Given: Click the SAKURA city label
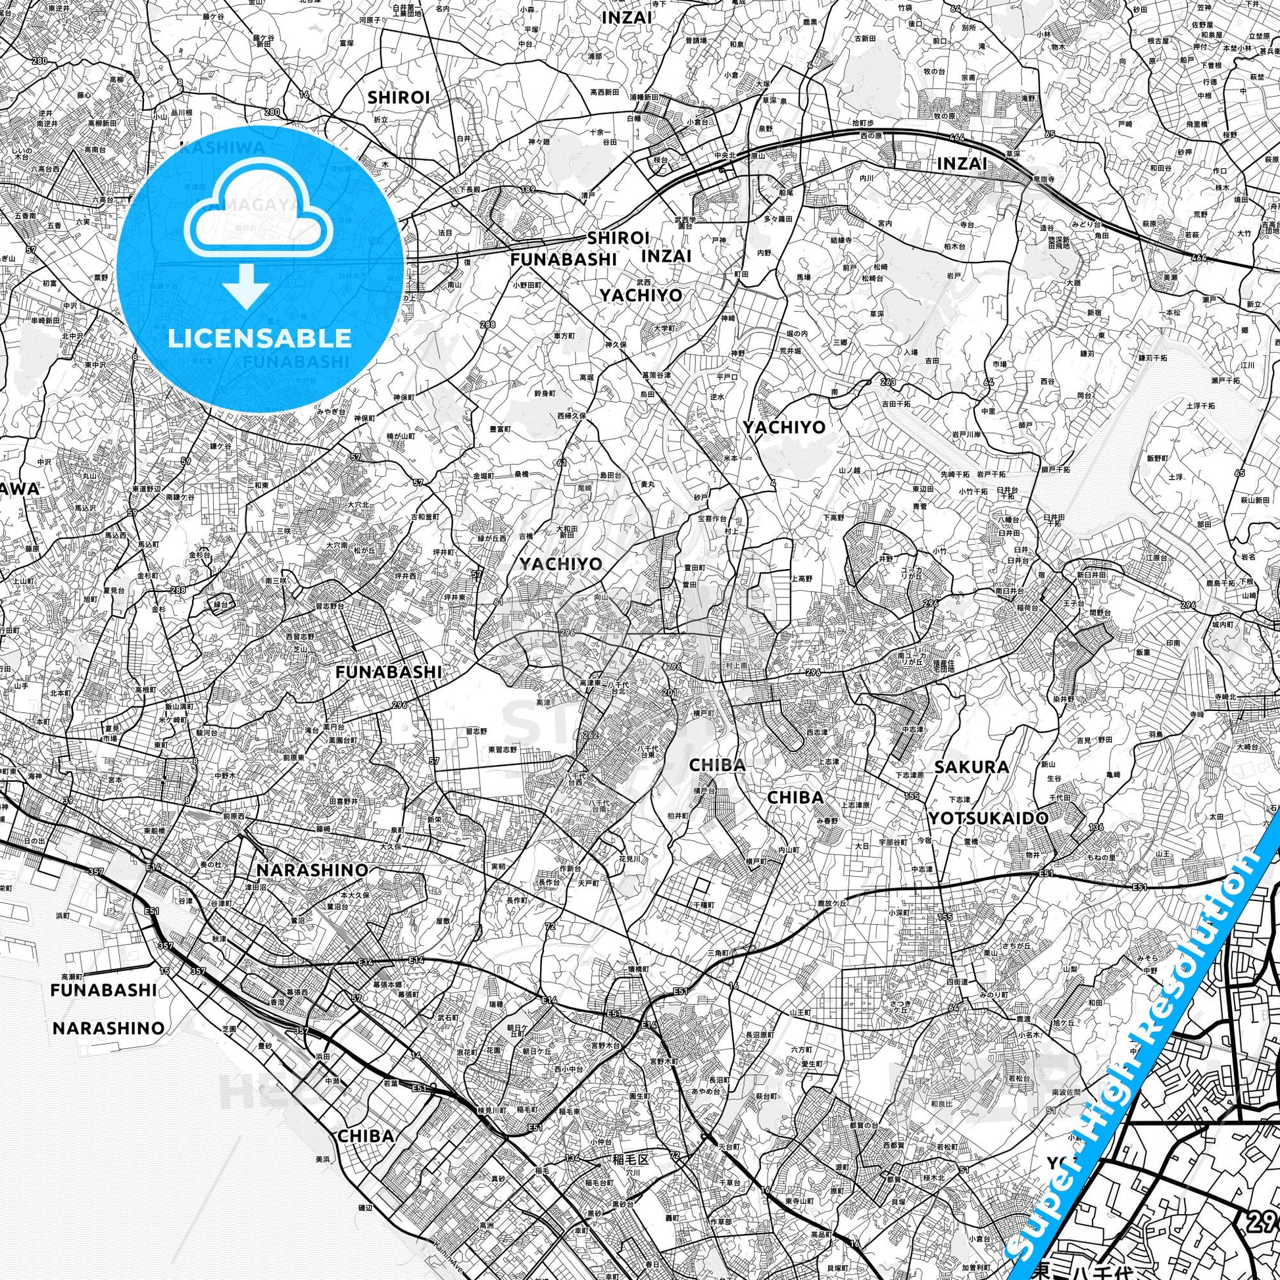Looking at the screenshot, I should click(x=972, y=767).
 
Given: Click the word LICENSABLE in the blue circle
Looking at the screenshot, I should click(x=260, y=338).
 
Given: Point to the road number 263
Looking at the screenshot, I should click(x=889, y=382).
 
